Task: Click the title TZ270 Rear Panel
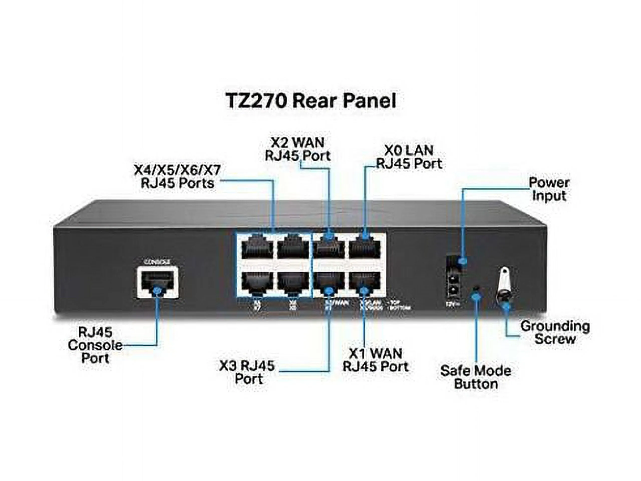pos(311,101)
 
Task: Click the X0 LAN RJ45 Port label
pos(409,157)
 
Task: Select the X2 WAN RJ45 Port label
pos(298,149)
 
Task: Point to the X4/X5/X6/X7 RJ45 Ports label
pos(177,177)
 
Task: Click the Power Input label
pos(549,189)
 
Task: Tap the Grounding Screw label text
pos(555,332)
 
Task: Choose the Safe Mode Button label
pos(475,377)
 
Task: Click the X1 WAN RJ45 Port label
pos(375,360)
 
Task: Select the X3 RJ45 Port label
pos(247,372)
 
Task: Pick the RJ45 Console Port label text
pos(95,345)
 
